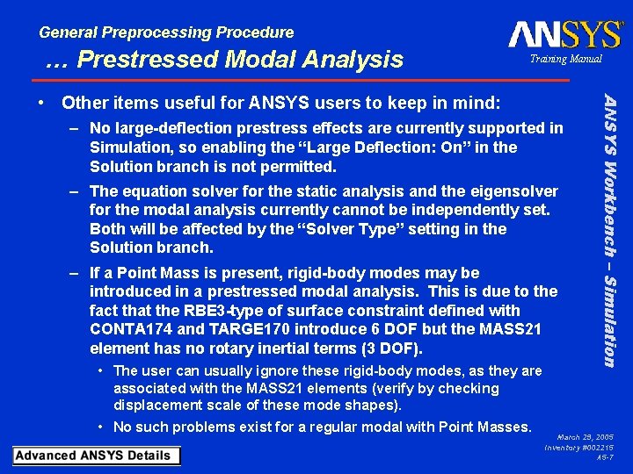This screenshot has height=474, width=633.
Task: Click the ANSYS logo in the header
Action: pos(565,35)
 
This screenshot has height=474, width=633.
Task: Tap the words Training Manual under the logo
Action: pos(565,59)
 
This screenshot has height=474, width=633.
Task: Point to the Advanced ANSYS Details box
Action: pos(96,456)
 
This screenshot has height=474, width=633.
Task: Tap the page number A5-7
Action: pos(605,457)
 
